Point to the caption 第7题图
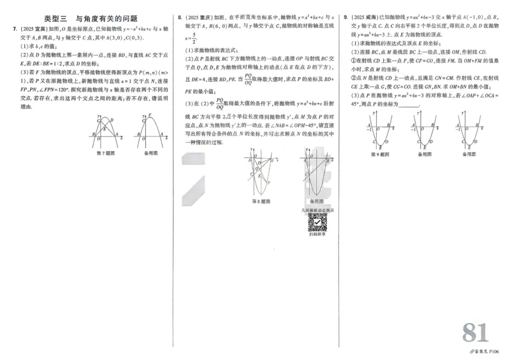pyautogui.click(x=105, y=154)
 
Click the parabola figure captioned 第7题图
pyautogui.click(x=105, y=131)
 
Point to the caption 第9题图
pyautogui.click(x=381, y=154)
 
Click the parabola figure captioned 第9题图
pyautogui.click(x=381, y=131)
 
